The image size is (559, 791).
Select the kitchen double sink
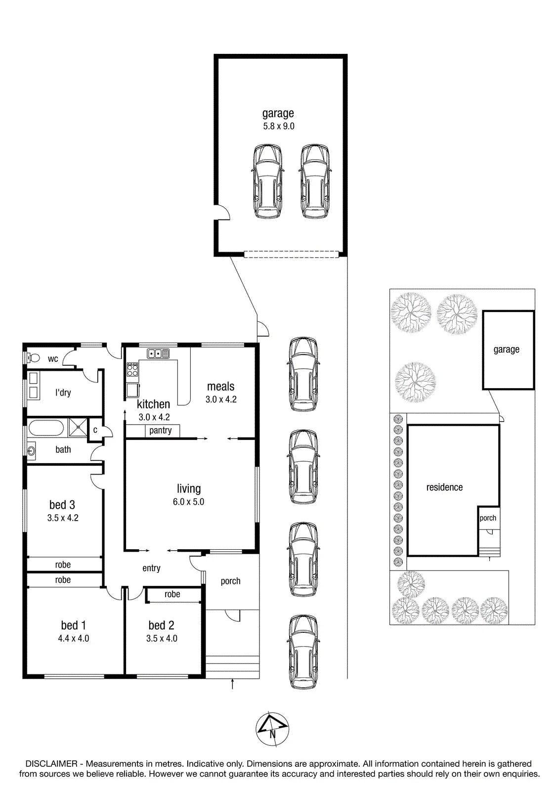coord(158,353)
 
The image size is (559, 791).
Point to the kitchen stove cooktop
coord(132,369)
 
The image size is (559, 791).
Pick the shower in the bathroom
coord(77,428)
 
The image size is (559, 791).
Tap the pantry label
coord(160,431)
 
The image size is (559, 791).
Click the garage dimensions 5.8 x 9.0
coord(279,126)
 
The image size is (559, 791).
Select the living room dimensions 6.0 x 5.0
coord(189,502)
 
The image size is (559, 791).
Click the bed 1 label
coord(74,625)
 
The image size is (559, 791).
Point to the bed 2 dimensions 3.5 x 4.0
coord(162,638)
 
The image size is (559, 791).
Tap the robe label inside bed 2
coord(172,594)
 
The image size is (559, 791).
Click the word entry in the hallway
coord(152,568)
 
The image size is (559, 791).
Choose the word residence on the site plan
coord(445,487)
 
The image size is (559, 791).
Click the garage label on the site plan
coord(507,350)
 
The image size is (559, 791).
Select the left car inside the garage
coord(268,181)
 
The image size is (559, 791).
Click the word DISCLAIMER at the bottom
coord(51,764)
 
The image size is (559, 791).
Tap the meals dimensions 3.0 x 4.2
coord(221,399)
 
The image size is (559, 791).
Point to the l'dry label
coord(63,393)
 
